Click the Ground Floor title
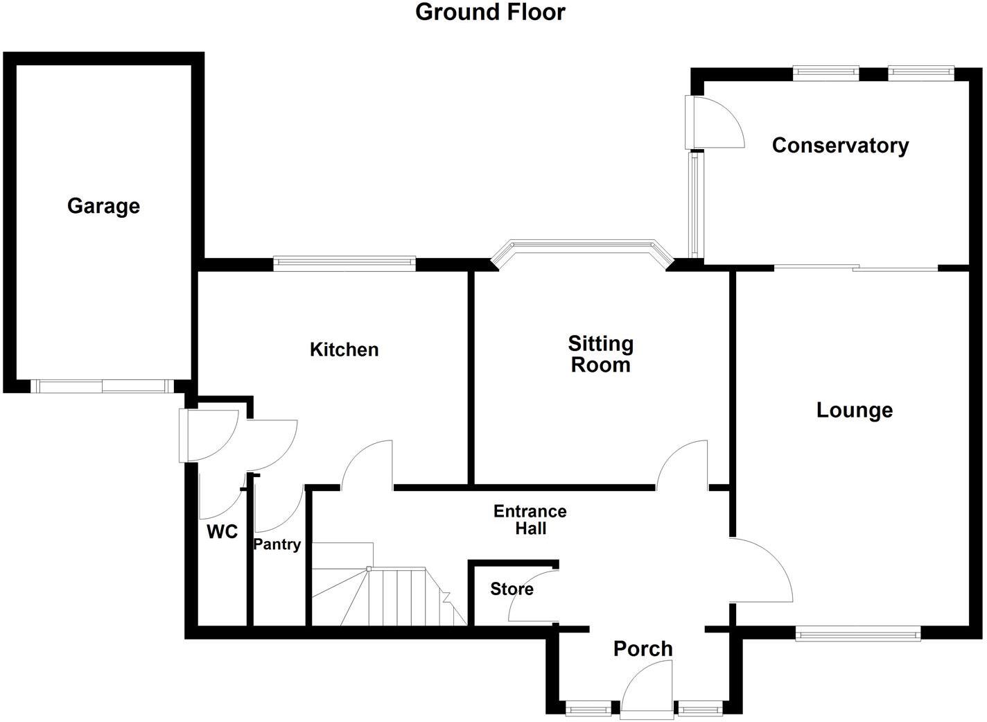pos(490,12)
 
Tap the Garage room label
pos(103,206)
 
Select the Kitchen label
pos(344,350)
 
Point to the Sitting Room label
pos(600,354)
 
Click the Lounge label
pos(855,410)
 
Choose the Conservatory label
pos(840,146)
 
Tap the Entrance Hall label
pos(530,519)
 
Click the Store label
pos(512,589)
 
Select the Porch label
pos(643,649)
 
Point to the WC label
pos(222,532)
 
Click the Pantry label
pos(277,544)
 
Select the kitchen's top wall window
pos(344,263)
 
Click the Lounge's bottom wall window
pos(858,635)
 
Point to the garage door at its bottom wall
pos(102,386)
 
